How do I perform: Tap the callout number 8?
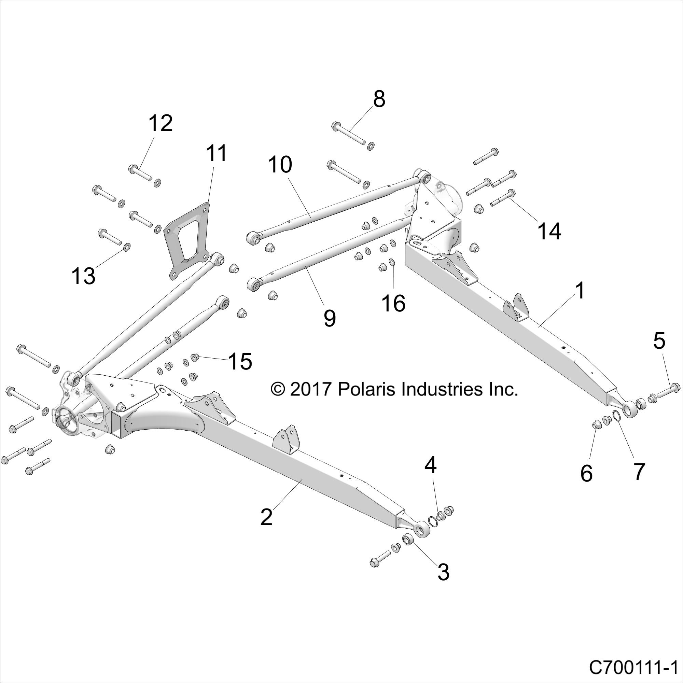[379, 99]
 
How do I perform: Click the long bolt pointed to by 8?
[349, 134]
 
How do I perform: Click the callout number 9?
[329, 319]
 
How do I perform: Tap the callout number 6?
[586, 473]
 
